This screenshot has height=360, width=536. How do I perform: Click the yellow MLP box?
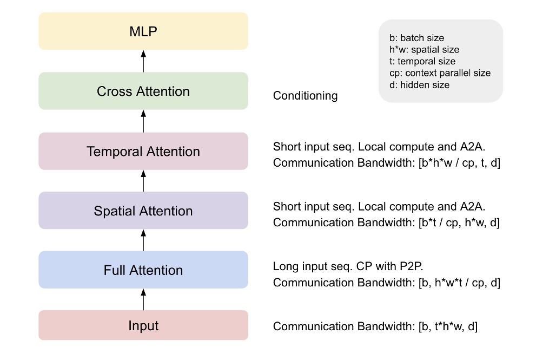coord(143,31)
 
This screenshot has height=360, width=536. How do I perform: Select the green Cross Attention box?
coord(143,91)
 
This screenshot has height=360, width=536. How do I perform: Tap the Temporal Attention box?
coord(143,151)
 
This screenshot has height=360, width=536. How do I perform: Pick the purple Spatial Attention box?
coord(143,211)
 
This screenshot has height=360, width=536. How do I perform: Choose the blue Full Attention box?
coord(143,270)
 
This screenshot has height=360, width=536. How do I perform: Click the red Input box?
coord(143,325)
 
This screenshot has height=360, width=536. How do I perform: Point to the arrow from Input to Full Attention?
coord(143,299)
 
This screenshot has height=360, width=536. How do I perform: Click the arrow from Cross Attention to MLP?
coord(143,61)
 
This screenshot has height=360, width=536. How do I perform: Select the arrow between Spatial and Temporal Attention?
coord(143,180)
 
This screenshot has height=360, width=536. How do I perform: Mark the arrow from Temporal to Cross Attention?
coord(143,121)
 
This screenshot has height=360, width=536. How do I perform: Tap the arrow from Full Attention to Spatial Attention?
coord(143,239)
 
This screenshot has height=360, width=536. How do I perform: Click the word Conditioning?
coord(305,96)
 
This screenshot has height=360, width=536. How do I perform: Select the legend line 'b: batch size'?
coord(416,38)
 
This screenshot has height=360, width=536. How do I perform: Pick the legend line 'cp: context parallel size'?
coord(440,73)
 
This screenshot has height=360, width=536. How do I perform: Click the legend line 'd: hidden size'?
coord(419,85)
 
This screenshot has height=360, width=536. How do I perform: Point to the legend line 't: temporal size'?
coord(422,61)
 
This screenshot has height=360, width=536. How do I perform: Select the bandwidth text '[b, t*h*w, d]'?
coord(448,326)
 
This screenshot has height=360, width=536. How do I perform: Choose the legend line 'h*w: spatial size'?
coord(424,50)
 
